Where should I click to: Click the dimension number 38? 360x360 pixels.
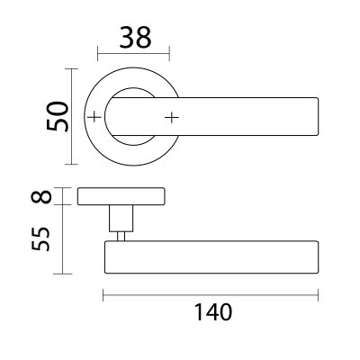click(x=132, y=37)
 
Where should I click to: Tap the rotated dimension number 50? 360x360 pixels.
click(x=58, y=115)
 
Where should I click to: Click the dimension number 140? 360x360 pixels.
click(x=212, y=312)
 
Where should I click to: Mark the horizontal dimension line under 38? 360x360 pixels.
click(x=132, y=53)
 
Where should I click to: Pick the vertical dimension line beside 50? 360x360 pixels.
click(x=71, y=115)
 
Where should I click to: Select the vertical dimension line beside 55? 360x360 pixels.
click(x=61, y=239)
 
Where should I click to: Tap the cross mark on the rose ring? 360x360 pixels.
click(x=94, y=117)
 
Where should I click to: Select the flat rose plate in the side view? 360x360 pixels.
click(x=121, y=195)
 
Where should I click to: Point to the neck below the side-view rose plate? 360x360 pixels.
click(x=120, y=218)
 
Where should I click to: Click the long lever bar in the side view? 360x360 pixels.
click(x=211, y=257)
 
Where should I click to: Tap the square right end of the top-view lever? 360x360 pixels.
click(x=315, y=117)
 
